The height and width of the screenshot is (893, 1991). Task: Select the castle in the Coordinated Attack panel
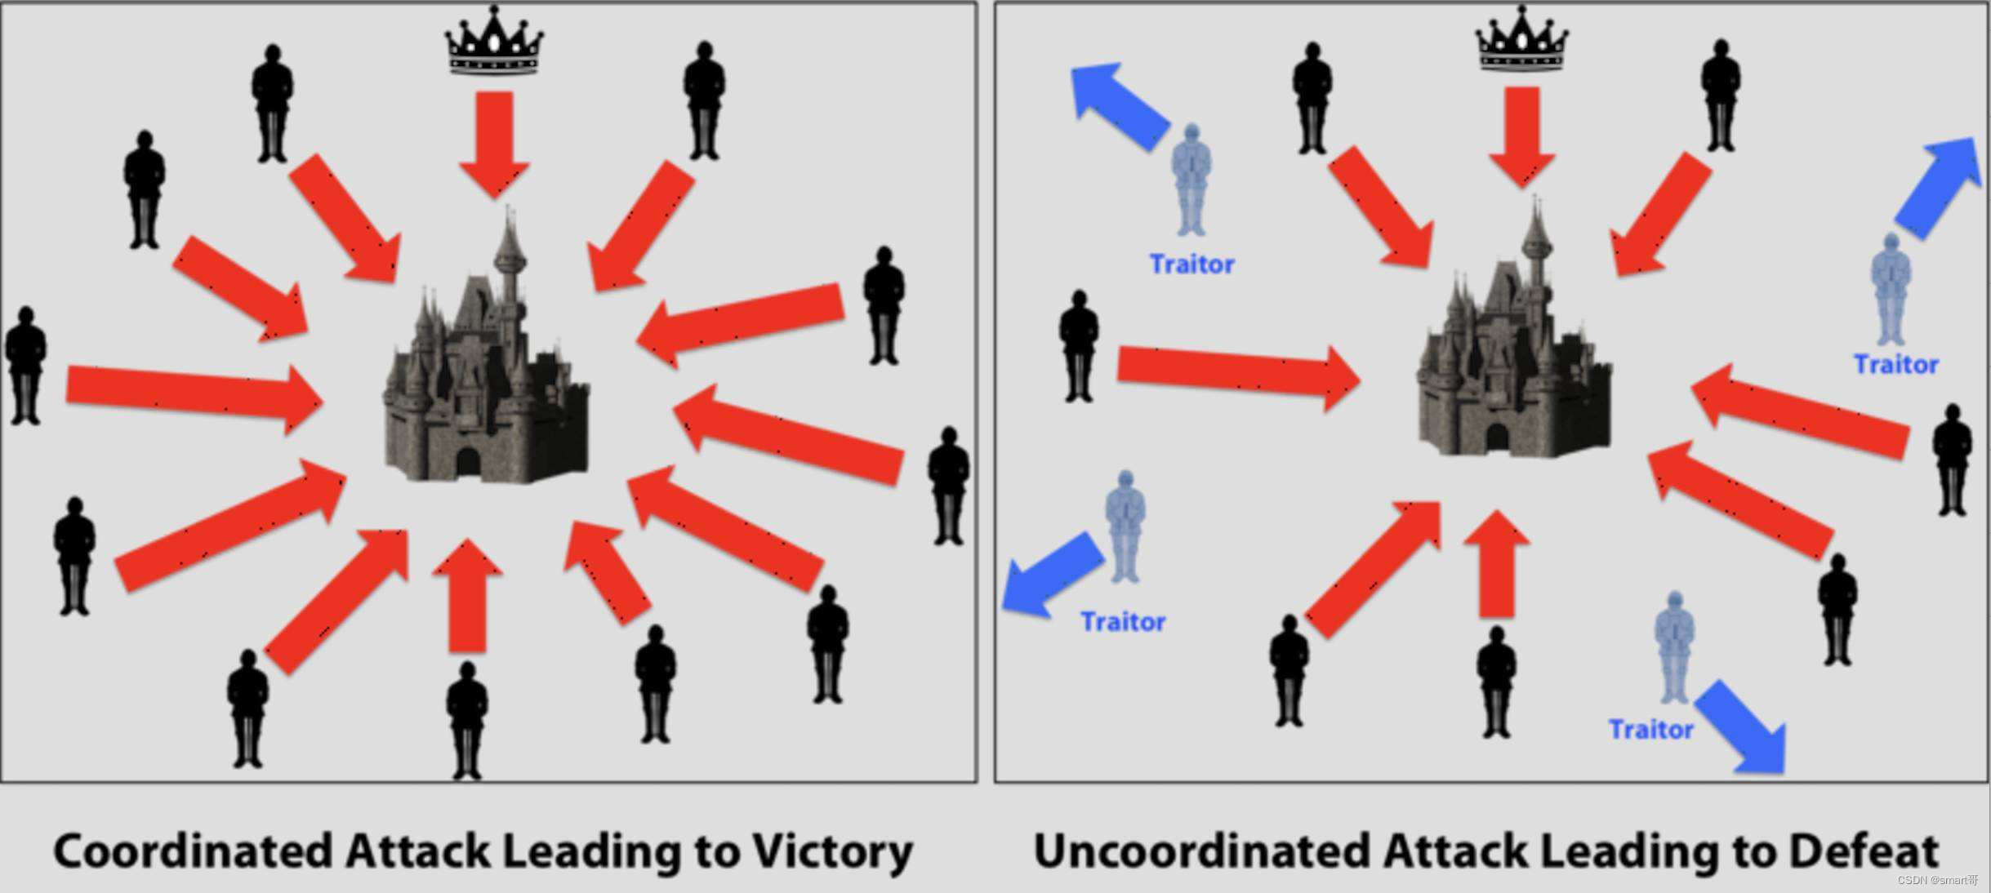point(486,367)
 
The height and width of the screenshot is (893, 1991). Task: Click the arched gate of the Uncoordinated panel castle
point(1497,438)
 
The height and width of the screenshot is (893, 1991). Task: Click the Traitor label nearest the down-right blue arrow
point(1650,729)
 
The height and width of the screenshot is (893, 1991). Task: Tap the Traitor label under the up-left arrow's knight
point(1191,264)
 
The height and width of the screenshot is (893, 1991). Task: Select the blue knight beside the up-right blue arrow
point(1891,290)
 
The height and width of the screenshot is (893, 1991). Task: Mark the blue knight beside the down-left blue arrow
point(1125,526)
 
